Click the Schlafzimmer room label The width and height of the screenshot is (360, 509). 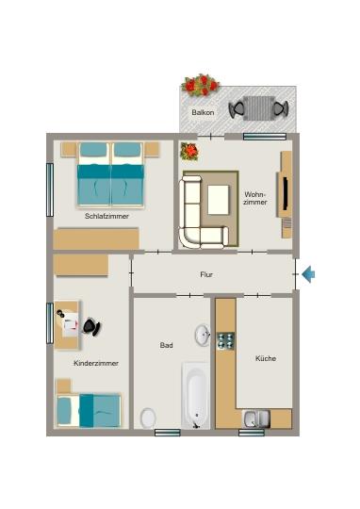pos(106,216)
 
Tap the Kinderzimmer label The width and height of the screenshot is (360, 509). pos(96,363)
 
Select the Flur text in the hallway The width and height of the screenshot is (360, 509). pos(206,274)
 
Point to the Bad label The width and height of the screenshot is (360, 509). pos(166,346)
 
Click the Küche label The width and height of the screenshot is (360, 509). pos(265,358)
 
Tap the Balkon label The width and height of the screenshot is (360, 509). pos(203,112)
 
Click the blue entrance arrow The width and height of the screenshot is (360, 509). pos(308,274)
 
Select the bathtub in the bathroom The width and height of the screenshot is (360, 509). pos(196,395)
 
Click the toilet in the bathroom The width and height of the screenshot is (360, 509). pos(148,417)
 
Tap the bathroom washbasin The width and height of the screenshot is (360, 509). pos(203,334)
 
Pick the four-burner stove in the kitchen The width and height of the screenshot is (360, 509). pos(226,340)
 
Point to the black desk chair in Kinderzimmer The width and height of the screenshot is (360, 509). pos(90,326)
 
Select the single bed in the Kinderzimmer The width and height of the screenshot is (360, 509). pos(89,409)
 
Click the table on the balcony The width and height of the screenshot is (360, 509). pos(255,108)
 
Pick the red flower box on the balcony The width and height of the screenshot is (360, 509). pos(200,86)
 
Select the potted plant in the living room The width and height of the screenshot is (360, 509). pos(189,151)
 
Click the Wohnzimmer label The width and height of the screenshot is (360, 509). pos(255,199)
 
